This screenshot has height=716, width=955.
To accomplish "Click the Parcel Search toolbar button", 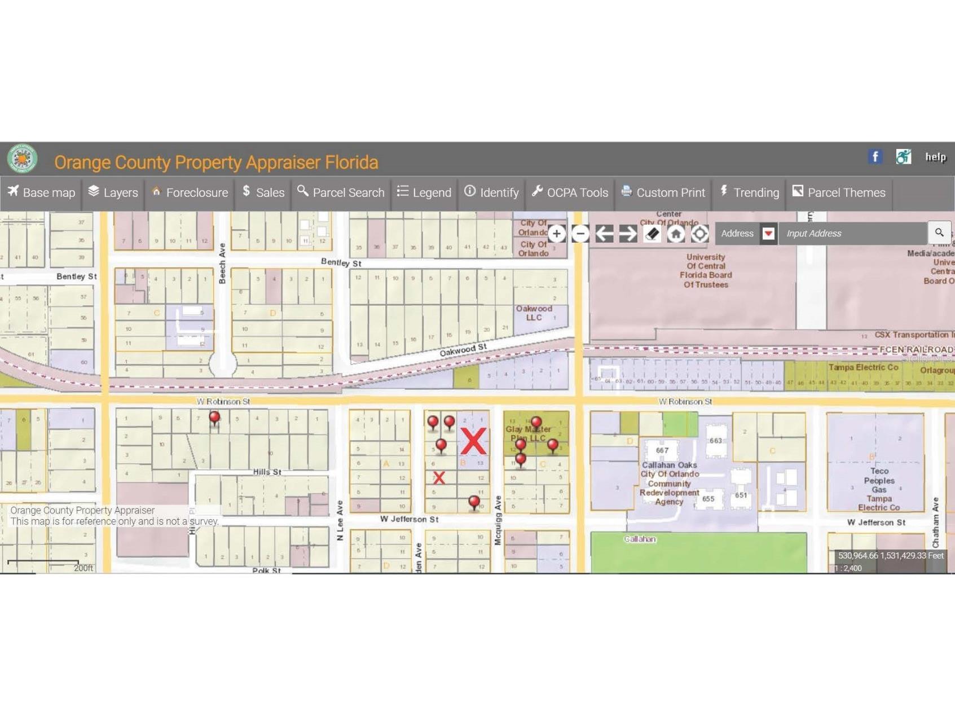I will [x=341, y=192].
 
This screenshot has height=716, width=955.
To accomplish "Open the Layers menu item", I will [x=113, y=192].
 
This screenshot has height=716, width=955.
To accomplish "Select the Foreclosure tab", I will [x=190, y=192].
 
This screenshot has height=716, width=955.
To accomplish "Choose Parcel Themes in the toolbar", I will [x=839, y=192].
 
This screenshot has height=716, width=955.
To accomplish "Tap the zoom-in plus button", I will [x=556, y=234].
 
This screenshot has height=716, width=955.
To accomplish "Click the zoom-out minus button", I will [x=580, y=234].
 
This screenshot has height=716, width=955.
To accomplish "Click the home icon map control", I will [x=676, y=234].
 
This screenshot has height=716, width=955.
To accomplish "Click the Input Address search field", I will [x=852, y=234].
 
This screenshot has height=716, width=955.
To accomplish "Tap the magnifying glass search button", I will [x=939, y=232].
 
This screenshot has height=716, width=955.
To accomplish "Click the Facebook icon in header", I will [x=875, y=157].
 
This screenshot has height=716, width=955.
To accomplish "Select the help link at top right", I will [x=935, y=157].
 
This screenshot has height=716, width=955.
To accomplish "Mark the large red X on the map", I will [x=473, y=441].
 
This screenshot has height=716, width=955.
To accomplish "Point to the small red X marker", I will [x=439, y=478].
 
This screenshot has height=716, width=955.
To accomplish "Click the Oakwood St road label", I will [x=463, y=350].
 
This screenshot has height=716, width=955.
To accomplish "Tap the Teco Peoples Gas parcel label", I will [x=879, y=480].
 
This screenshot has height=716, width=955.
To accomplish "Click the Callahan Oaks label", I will [x=669, y=465].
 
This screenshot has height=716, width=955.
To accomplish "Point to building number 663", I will [x=715, y=441].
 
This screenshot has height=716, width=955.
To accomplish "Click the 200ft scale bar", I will [x=43, y=563].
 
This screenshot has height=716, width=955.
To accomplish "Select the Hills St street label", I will [x=267, y=472].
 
